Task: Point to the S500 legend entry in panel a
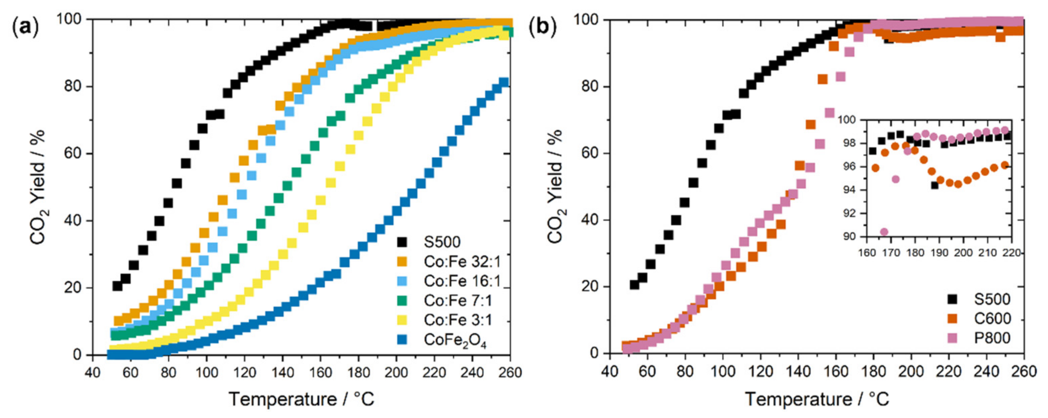(441, 242)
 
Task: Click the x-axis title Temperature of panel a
(301, 399)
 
